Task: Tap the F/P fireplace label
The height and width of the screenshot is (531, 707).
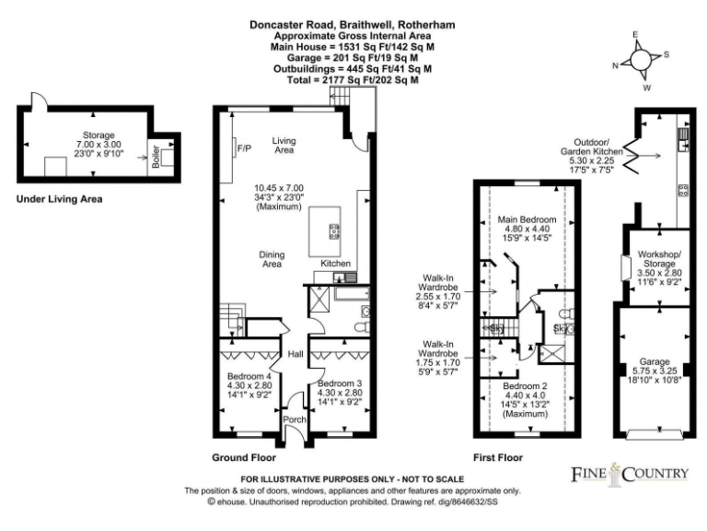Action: pyautogui.click(x=244, y=148)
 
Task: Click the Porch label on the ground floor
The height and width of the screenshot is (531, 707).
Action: pyautogui.click(x=294, y=419)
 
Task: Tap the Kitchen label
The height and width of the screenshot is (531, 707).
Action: pyautogui.click(x=335, y=264)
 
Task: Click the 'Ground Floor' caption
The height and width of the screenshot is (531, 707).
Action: pyautogui.click(x=244, y=456)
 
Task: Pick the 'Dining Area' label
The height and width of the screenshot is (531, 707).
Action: pyautogui.click(x=272, y=259)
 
